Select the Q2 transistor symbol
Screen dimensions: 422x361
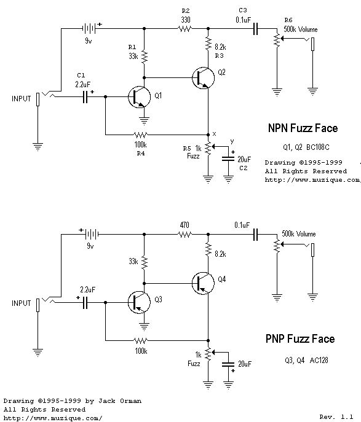(202, 78)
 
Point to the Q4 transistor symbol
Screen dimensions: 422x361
(202, 283)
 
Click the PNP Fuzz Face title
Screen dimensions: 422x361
(300, 338)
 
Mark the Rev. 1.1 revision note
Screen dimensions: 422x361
(336, 416)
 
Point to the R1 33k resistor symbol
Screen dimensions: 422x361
(145, 57)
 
